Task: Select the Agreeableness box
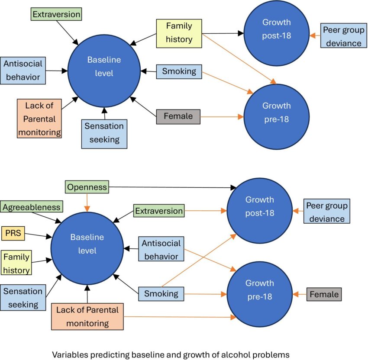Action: pos(31,207)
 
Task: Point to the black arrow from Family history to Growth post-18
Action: pos(221,33)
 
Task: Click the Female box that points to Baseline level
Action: pos(178,116)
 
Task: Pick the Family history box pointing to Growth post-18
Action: pos(179,33)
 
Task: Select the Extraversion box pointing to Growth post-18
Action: pos(159,211)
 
